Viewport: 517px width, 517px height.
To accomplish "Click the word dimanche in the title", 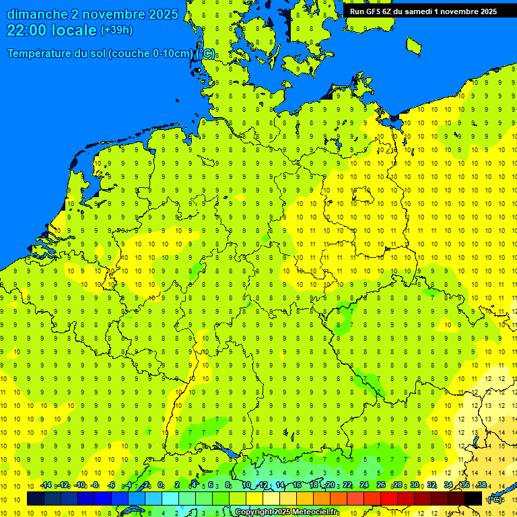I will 36,14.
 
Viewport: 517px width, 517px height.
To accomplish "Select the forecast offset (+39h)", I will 116,30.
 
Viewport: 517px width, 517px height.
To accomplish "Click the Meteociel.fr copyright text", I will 286,512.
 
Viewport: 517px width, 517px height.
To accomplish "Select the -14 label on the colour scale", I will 45,485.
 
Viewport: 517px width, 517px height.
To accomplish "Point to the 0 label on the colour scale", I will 160,485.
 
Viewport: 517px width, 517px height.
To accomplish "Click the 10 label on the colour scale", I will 246,485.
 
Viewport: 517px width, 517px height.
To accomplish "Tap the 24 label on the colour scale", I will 364,485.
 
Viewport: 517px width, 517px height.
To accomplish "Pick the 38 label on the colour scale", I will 482,485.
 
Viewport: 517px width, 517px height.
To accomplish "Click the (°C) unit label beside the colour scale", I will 495,499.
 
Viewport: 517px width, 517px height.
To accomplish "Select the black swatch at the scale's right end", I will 473,499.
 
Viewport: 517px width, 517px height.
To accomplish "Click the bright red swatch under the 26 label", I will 389,499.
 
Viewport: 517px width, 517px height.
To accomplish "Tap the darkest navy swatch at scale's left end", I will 36,499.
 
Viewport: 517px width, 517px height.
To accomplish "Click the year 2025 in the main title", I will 162,14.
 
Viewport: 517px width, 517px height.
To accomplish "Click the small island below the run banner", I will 414,45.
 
